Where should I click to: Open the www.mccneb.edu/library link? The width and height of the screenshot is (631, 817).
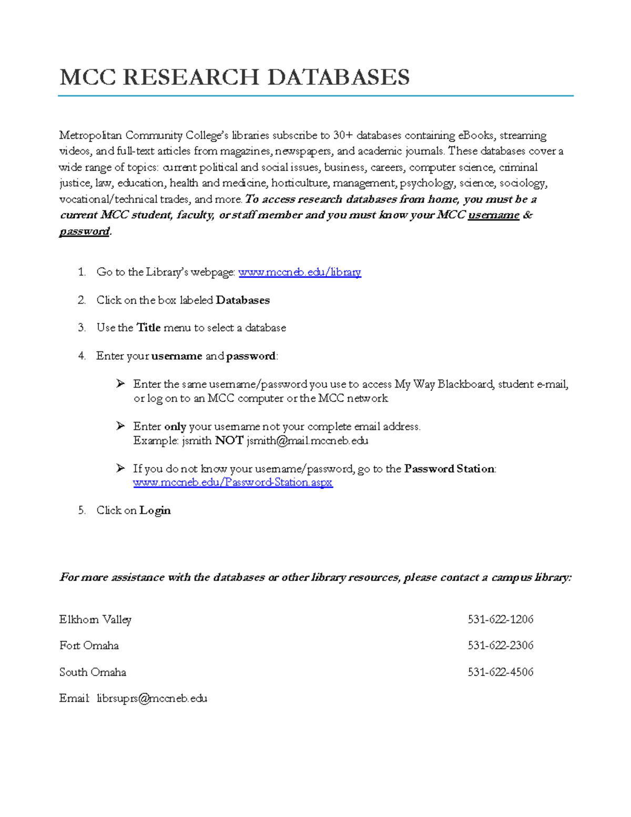(x=300, y=272)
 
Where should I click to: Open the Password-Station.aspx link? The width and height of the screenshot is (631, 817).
(x=233, y=482)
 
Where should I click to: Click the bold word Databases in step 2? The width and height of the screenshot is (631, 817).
(x=243, y=300)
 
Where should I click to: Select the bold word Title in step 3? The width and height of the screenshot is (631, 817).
(x=149, y=328)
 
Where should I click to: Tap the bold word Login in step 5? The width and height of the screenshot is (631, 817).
(x=155, y=510)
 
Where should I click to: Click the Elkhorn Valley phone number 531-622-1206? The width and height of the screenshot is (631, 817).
(x=501, y=620)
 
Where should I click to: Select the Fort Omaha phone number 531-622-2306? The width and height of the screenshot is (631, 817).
(x=501, y=645)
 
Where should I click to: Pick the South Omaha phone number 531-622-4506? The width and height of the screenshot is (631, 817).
(x=501, y=672)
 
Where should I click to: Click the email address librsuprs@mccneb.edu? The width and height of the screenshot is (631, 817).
(x=152, y=699)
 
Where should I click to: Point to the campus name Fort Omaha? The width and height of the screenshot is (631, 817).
(x=89, y=645)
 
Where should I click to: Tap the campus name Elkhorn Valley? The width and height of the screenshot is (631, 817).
(x=95, y=620)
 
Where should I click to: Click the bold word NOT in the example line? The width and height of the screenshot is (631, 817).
(x=229, y=441)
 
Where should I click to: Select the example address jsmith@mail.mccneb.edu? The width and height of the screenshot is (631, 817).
(x=308, y=441)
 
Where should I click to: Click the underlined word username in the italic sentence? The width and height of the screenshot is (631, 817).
(x=494, y=215)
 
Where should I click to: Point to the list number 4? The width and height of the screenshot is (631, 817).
(x=82, y=356)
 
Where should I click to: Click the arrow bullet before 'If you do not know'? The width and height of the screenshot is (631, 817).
(x=121, y=468)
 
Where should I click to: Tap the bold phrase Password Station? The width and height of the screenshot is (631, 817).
(x=450, y=469)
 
